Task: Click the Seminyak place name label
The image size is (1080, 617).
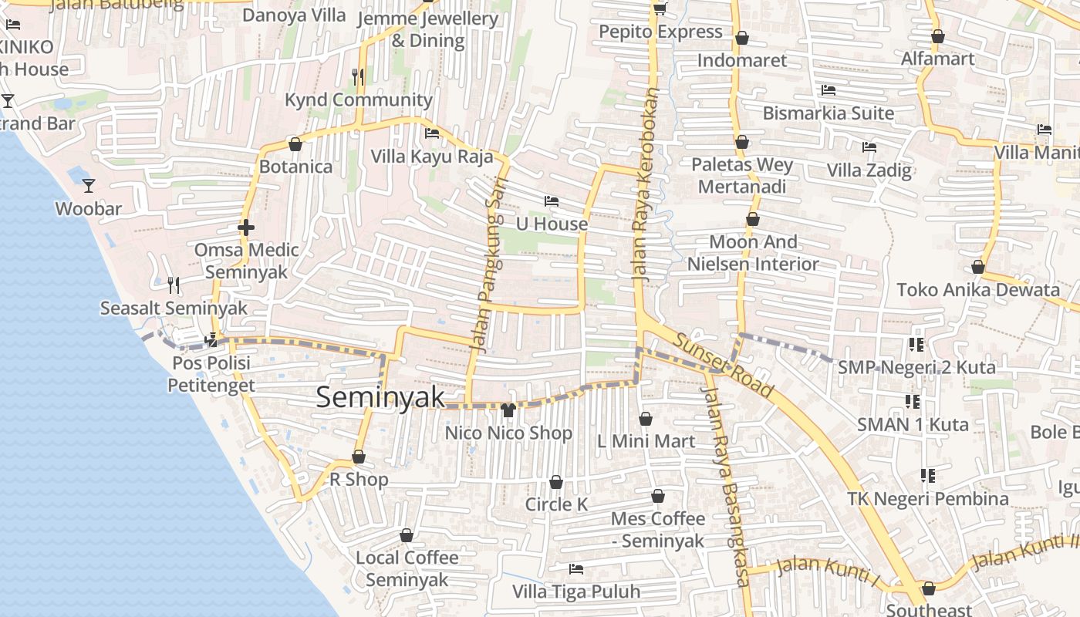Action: tap(380, 397)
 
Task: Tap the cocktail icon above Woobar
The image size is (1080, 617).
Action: tap(89, 185)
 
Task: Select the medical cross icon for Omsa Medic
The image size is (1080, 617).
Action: tap(246, 228)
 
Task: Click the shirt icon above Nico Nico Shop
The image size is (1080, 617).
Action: tap(508, 410)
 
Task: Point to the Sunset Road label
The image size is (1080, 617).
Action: tap(722, 366)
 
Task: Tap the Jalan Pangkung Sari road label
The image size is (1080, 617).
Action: tap(484, 274)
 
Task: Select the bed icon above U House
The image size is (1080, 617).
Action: tap(551, 201)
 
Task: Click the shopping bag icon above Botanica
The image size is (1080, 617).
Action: tap(295, 144)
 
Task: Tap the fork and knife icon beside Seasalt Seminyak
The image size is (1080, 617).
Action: tap(174, 285)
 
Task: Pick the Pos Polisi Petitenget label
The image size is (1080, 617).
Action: tap(211, 373)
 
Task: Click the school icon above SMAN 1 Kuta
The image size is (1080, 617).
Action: tap(913, 402)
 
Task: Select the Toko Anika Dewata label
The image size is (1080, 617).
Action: tap(977, 290)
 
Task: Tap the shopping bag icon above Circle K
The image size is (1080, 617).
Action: tap(555, 482)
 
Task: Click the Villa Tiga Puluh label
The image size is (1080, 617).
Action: tap(576, 592)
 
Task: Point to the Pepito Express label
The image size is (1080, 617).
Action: tap(660, 32)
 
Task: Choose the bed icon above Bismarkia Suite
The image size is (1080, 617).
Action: tap(828, 90)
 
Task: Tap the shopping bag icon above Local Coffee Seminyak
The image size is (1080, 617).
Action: tap(407, 535)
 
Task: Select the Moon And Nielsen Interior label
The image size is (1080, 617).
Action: tap(753, 253)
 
